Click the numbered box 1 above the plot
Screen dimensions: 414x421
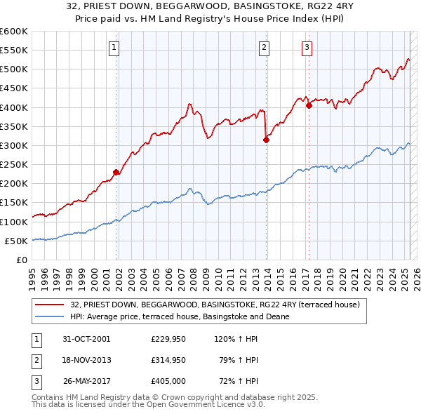pos(114,48)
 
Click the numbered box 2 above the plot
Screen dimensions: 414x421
pos(264,48)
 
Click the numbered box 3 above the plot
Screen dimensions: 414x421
pos(307,48)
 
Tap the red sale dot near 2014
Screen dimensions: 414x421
pos(266,140)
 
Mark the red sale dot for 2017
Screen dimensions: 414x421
pos(309,106)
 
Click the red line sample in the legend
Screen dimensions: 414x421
pos(51,305)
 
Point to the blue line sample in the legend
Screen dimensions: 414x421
pos(51,316)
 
